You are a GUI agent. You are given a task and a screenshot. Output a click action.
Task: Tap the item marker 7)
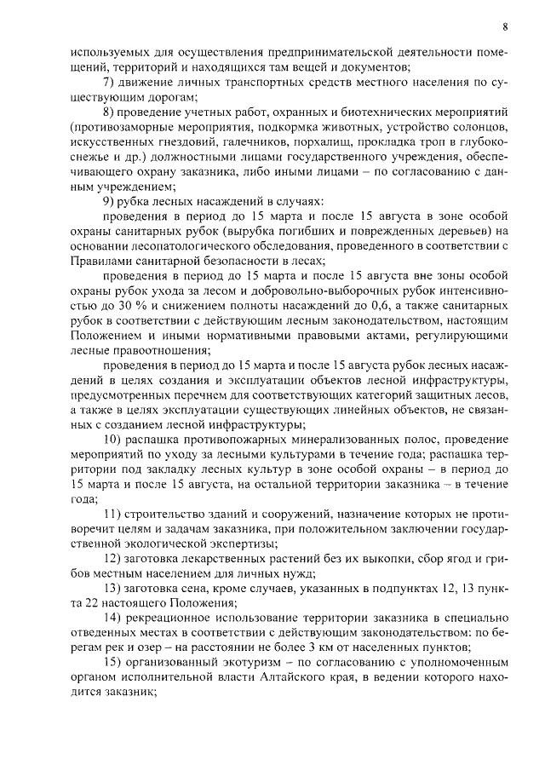[x=108, y=83]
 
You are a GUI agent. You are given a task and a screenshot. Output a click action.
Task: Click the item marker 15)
[x=111, y=665]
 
